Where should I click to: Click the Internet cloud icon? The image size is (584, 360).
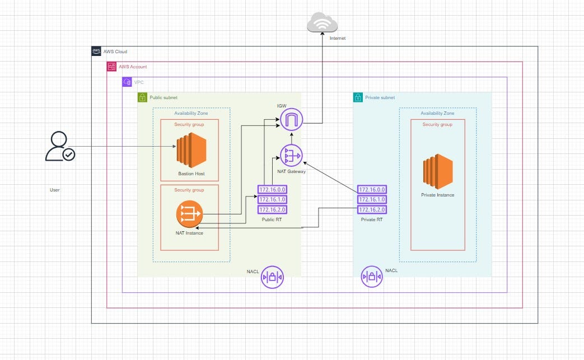pos(323,23)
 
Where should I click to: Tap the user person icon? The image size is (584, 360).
pos(60,147)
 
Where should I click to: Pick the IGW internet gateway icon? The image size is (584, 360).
pos(291,119)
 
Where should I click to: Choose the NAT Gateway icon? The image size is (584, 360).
pos(291,155)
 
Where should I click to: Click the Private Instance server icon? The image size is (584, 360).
pos(437,172)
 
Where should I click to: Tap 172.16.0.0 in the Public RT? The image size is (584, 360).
pos(272,190)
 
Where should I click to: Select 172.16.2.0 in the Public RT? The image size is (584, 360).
pos(272,209)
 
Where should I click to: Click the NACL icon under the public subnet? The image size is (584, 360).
pos(272,277)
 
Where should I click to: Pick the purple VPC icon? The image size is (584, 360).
pos(127,82)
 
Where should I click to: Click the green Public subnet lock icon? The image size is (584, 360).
pos(143,97)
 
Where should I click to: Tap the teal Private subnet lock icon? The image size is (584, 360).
pos(358,97)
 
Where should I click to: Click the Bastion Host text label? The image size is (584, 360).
pos(191,174)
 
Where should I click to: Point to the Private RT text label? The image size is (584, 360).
pos(371,220)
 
